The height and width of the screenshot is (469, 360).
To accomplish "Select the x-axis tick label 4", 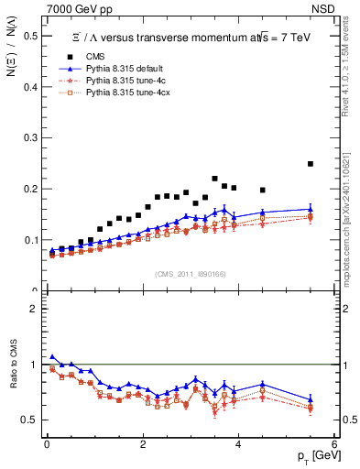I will click(238, 443).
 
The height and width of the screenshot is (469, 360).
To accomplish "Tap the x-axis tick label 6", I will click(333, 443).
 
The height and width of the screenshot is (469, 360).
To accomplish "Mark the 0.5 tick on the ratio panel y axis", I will click(31, 420).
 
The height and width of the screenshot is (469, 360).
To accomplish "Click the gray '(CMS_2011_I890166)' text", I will click(190, 274).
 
